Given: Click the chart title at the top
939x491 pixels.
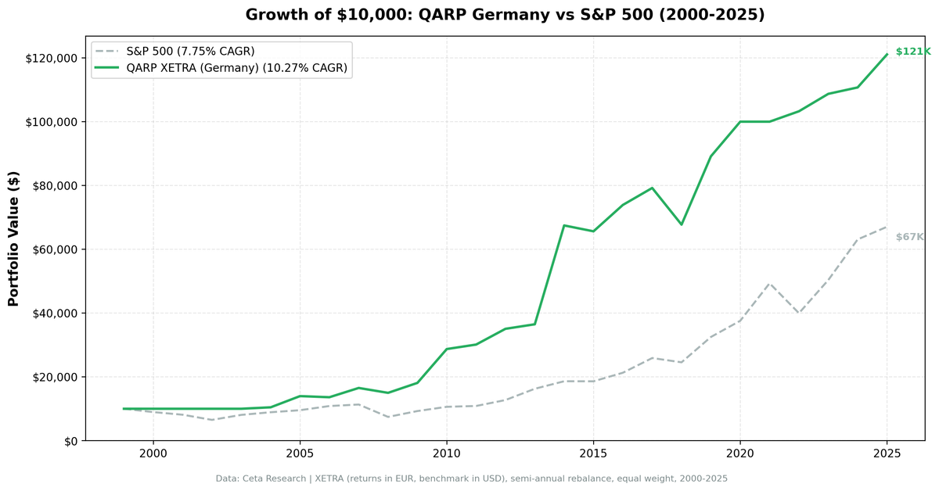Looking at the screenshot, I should click(x=505, y=15).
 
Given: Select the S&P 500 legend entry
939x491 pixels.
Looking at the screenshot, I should click(x=190, y=52).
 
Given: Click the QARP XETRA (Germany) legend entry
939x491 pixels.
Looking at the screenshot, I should click(x=236, y=68).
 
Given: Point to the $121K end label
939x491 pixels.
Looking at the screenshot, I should click(x=912, y=52).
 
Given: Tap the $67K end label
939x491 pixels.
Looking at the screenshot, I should click(x=909, y=237).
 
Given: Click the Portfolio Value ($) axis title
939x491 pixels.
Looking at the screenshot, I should click(x=13, y=238).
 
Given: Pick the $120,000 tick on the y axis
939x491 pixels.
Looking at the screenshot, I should click(x=51, y=59).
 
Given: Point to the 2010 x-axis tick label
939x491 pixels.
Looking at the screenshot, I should click(x=446, y=454).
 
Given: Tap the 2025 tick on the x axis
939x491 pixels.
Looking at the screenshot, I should click(x=887, y=454).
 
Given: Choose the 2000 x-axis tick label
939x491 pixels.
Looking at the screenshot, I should click(x=153, y=454).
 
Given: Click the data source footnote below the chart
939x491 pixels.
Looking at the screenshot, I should click(x=471, y=478).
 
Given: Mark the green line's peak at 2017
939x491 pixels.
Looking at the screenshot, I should click(x=652, y=188).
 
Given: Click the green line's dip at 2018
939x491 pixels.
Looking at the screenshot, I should click(x=681, y=224).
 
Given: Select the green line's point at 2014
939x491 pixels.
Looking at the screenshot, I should click(x=563, y=225).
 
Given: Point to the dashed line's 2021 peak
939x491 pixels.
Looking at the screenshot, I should click(x=769, y=283).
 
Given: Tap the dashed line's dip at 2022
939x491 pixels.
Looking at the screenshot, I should click(x=798, y=313).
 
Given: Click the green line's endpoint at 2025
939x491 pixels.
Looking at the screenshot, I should click(x=887, y=54).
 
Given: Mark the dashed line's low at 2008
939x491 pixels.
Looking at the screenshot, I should click(x=387, y=417).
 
